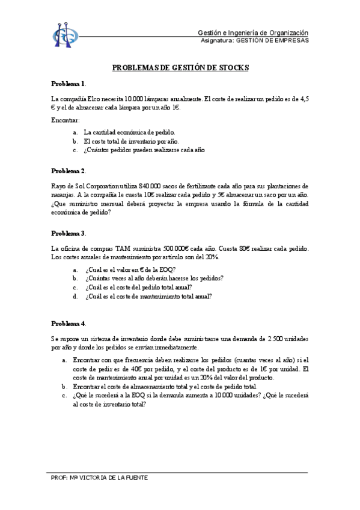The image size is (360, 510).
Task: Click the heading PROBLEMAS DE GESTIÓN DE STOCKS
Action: (180, 68)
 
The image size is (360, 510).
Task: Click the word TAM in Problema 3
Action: (123, 248)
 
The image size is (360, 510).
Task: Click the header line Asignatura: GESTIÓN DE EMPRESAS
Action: (254, 40)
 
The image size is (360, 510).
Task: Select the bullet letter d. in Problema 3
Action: (75, 296)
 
